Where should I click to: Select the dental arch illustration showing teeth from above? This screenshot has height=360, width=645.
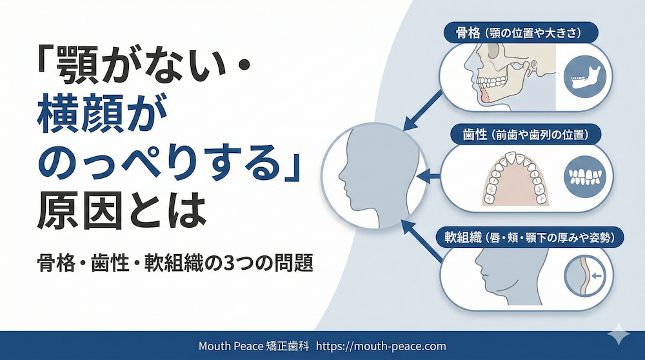pos(516,178)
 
